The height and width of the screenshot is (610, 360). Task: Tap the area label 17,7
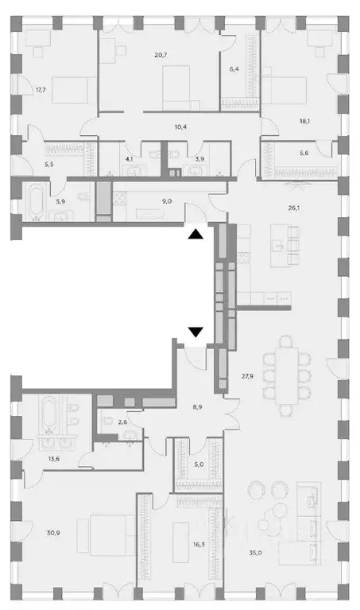tap(41, 90)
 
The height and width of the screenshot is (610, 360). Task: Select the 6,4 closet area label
tap(234, 69)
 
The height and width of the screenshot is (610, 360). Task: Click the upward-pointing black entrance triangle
tap(195, 234)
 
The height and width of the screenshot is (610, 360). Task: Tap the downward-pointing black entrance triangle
tap(195, 332)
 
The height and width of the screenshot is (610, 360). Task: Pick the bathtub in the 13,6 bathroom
tap(45, 414)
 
